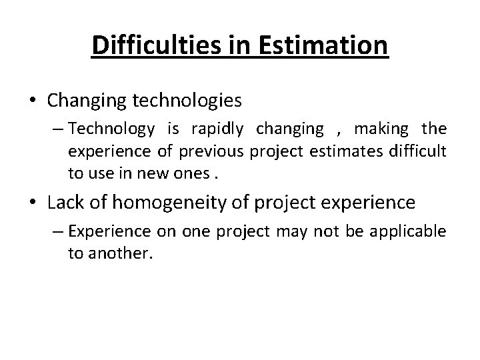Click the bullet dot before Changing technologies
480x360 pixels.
pos(33,101)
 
